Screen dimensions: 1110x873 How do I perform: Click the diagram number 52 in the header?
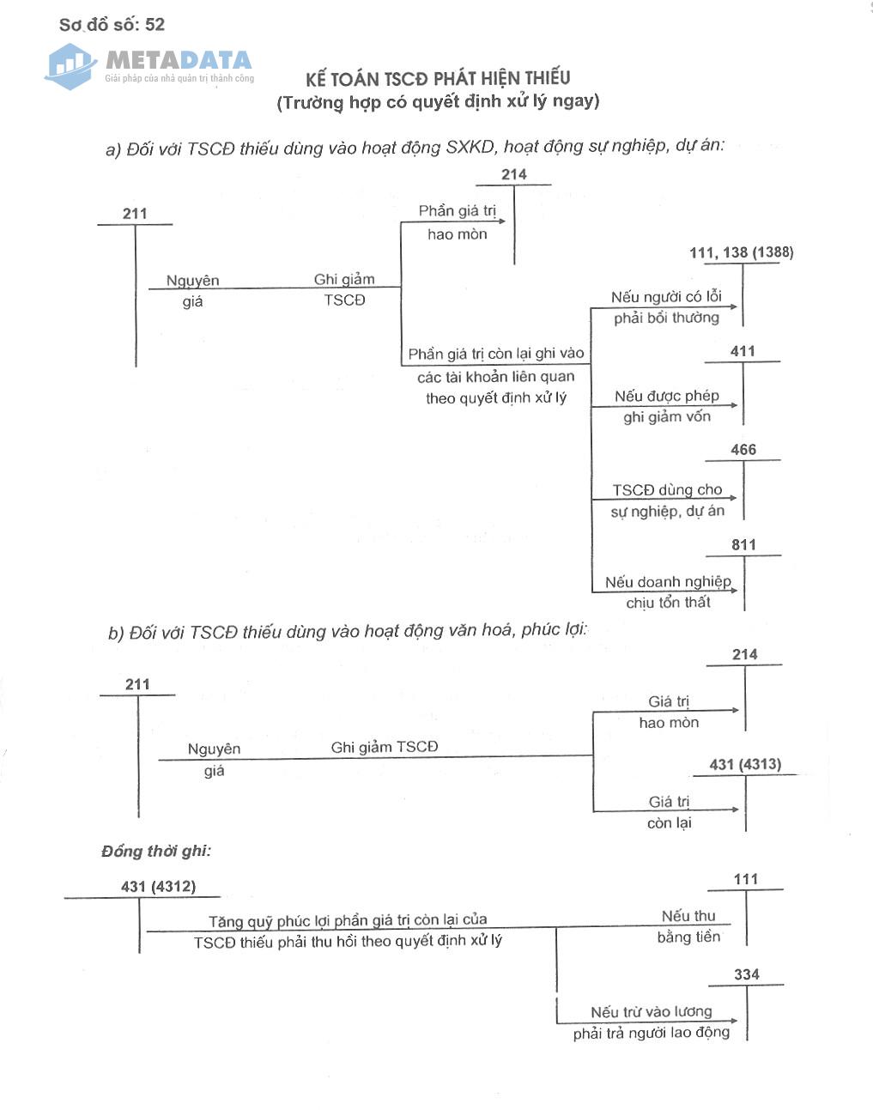(x=155, y=24)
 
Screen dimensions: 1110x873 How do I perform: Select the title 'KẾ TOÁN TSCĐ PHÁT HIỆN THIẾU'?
(x=438, y=78)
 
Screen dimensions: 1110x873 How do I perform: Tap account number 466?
(x=743, y=450)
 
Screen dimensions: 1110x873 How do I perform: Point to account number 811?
(x=744, y=545)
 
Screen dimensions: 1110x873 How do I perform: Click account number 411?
(x=743, y=351)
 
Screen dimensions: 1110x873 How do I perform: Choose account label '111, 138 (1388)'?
(x=741, y=252)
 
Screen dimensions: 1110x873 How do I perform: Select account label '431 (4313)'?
(x=745, y=764)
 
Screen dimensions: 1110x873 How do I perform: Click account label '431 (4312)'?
(x=158, y=886)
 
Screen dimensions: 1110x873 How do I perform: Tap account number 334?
(x=747, y=974)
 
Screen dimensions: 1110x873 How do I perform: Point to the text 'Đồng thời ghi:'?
(x=155, y=851)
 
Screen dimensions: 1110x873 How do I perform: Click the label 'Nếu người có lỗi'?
(x=666, y=297)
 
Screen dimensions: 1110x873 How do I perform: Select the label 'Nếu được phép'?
(x=667, y=396)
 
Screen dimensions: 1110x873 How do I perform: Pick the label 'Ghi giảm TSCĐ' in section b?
(x=385, y=747)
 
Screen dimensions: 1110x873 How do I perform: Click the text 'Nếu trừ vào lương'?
(x=652, y=1011)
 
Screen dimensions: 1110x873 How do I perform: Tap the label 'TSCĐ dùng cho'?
(x=667, y=489)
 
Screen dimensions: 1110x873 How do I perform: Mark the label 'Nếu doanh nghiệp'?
(x=668, y=581)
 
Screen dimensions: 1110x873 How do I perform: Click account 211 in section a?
(x=135, y=214)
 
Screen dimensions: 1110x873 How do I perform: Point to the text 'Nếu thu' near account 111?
(x=688, y=916)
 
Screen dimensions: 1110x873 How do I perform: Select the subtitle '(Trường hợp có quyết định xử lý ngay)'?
(x=438, y=101)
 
